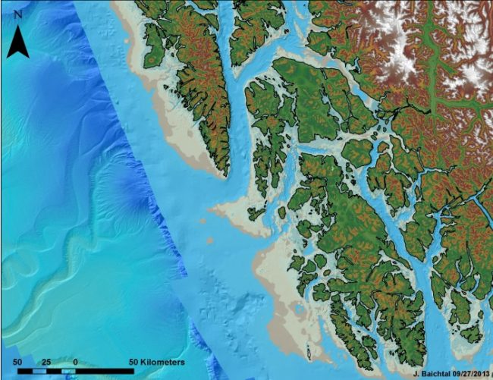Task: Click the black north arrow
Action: [19, 42]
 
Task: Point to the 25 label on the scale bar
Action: [46, 363]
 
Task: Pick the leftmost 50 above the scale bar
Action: [17, 363]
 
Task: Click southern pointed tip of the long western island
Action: [225, 175]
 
